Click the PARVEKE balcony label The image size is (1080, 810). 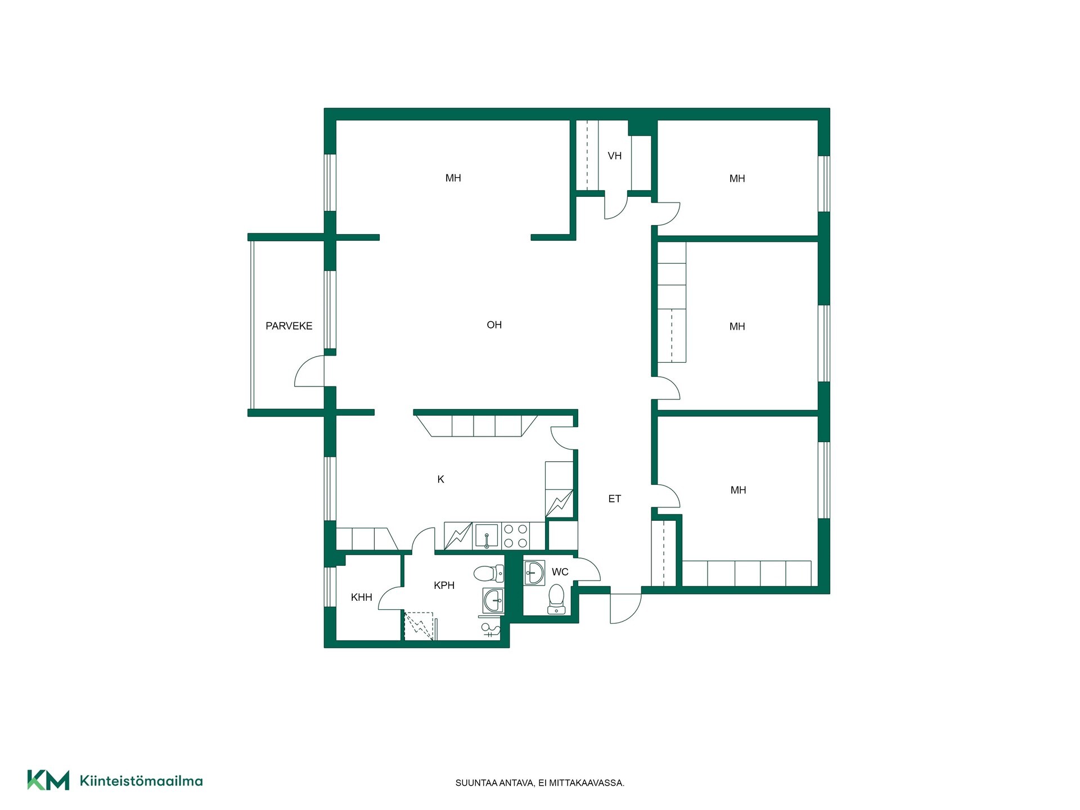click(289, 326)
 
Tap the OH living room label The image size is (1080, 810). click(494, 325)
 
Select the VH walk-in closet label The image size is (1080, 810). click(614, 156)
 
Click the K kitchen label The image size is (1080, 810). click(441, 479)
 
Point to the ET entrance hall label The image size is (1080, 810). click(614, 498)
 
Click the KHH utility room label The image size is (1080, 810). click(362, 597)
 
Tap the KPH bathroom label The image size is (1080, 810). click(444, 585)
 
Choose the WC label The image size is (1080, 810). click(560, 572)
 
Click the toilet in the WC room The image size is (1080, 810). click(556, 599)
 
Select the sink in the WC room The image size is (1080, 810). click(534, 573)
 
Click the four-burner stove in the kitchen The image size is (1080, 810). click(515, 536)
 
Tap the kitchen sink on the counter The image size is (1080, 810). click(487, 536)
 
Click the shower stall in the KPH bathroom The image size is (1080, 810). click(419, 625)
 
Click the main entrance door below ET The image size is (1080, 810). click(625, 608)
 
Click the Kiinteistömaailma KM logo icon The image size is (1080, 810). click(48, 780)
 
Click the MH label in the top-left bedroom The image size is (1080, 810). click(453, 178)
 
